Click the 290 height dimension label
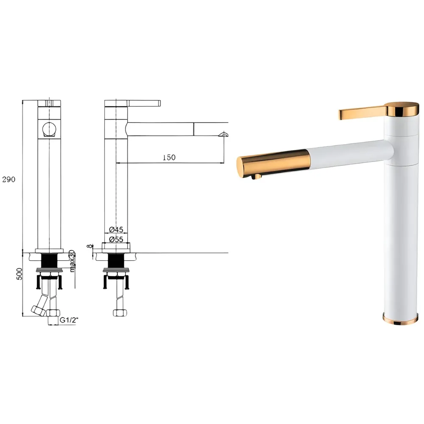[x=8, y=179]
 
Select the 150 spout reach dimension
[x=168, y=157]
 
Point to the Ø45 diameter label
[x=116, y=229]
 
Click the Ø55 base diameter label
[x=116, y=239]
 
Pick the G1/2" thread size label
[x=69, y=321]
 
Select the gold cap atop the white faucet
[x=400, y=108]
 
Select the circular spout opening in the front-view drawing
[x=49, y=128]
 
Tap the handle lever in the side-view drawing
[x=144, y=103]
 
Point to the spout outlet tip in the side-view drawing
[x=223, y=134]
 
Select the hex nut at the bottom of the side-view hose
[x=118, y=313]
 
